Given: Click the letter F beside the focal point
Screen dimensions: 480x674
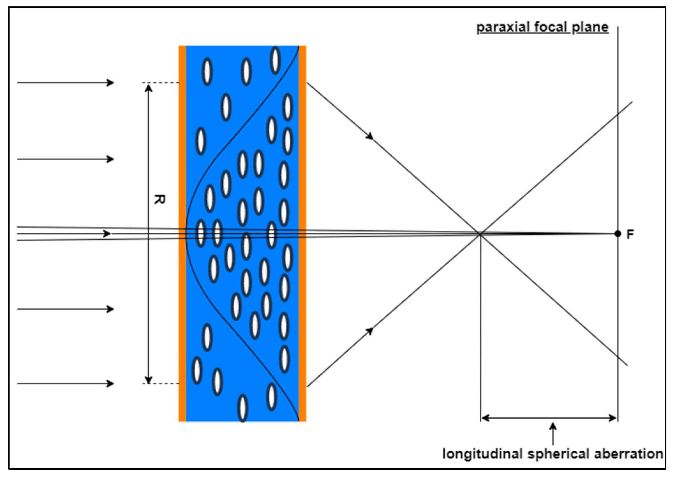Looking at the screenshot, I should pyautogui.click(x=630, y=235).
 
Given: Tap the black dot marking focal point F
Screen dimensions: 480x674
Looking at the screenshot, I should pyautogui.click(x=618, y=234).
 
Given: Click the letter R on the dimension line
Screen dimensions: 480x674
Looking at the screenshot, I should pyautogui.click(x=159, y=200).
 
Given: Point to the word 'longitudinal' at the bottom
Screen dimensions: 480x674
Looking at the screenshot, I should pyautogui.click(x=482, y=454).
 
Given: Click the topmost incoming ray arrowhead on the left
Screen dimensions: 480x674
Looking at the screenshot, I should pyautogui.click(x=110, y=83).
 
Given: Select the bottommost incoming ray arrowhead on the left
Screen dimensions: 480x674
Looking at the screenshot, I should pyautogui.click(x=110, y=383).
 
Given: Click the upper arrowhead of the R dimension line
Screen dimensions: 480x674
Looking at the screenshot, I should pyautogui.click(x=148, y=87).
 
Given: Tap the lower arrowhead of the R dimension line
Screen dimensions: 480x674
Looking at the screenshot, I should pyautogui.click(x=148, y=379).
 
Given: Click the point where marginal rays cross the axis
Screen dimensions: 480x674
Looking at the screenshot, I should pyautogui.click(x=480, y=234).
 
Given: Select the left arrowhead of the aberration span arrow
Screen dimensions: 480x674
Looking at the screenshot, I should pyautogui.click(x=485, y=418).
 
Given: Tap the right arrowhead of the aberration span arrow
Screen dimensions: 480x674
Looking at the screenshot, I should pyautogui.click(x=613, y=418).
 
